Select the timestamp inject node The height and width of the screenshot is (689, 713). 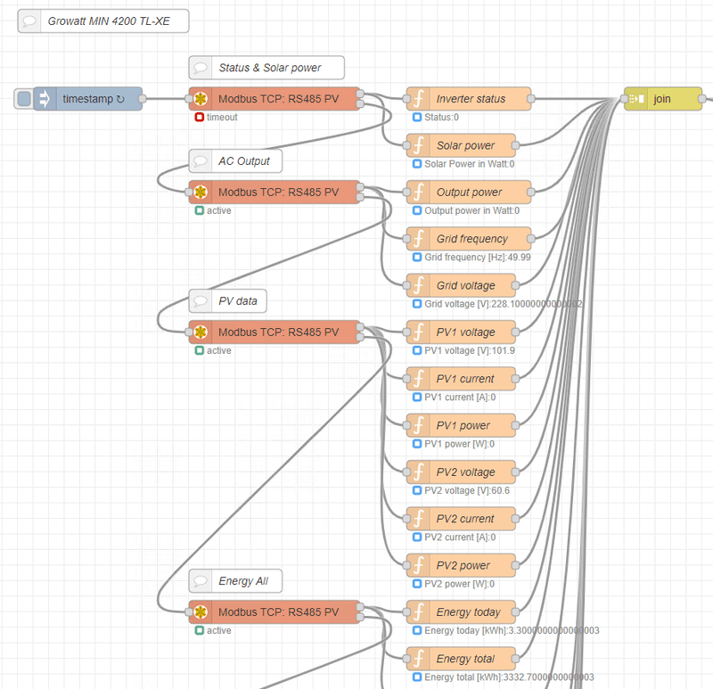pyautogui.click(x=89, y=99)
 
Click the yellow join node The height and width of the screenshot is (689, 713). pyautogui.click(x=663, y=99)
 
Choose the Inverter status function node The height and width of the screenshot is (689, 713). pyautogui.click(x=470, y=99)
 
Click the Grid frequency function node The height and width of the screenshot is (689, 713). pyautogui.click(x=470, y=239)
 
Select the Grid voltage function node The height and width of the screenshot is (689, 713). pyautogui.click(x=464, y=285)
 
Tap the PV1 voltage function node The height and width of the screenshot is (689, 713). pyautogui.click(x=464, y=332)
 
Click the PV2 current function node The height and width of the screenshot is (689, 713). pyautogui.click(x=464, y=519)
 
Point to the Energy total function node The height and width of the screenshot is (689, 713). pyautogui.click(x=464, y=659)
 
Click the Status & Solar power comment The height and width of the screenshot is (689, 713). pyautogui.click(x=266, y=68)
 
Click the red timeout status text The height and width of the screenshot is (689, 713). pyautogui.click(x=222, y=118)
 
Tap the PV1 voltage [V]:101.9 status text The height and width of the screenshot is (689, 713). pyautogui.click(x=469, y=351)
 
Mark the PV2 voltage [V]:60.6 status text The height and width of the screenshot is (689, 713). pyautogui.click(x=467, y=490)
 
